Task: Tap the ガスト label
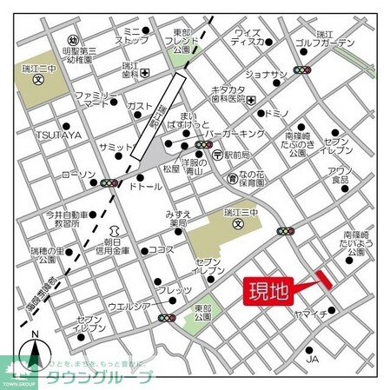coord(140,106)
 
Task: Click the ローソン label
coord(78,175)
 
